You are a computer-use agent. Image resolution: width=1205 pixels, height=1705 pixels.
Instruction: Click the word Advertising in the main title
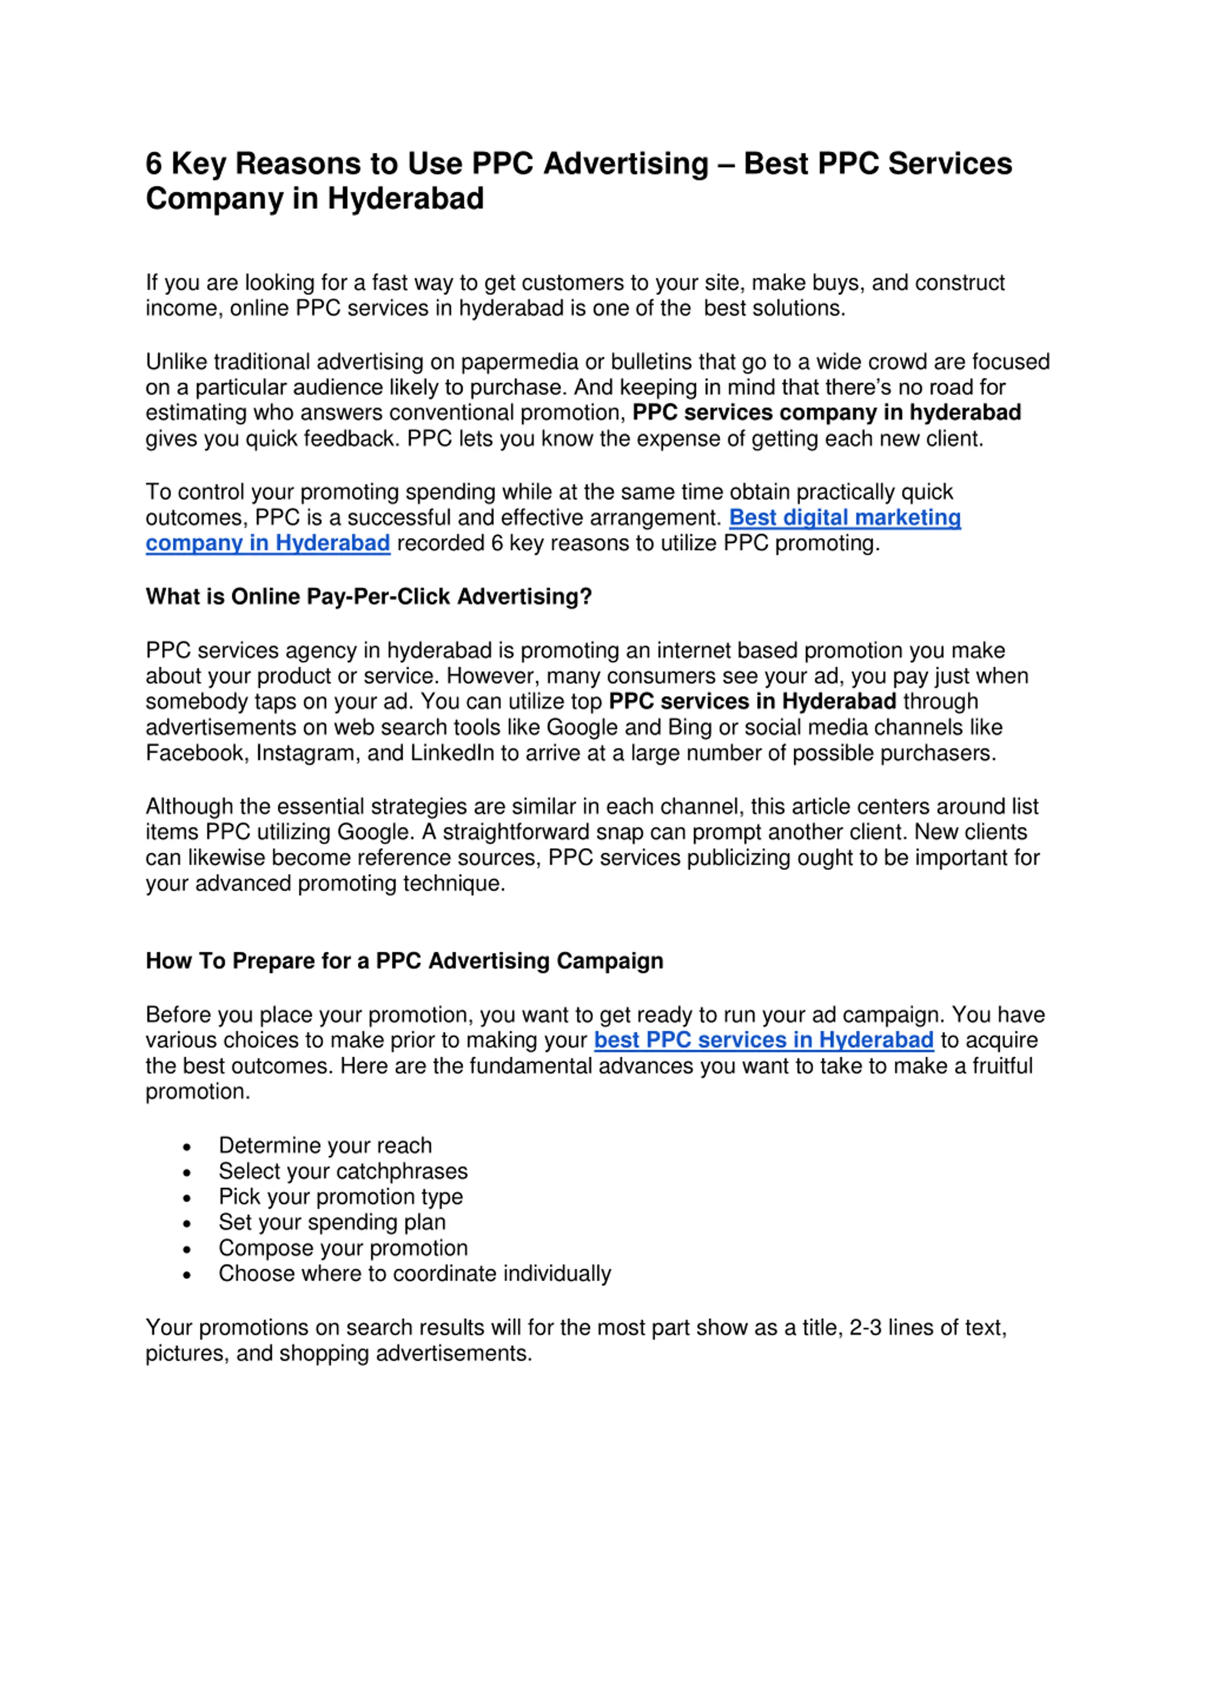(626, 164)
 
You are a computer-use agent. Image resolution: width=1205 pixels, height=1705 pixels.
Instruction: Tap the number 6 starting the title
(154, 164)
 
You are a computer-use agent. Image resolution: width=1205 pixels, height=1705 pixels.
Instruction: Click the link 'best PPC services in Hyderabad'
(763, 1041)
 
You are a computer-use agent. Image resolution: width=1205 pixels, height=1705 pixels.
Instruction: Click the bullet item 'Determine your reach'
(325, 1146)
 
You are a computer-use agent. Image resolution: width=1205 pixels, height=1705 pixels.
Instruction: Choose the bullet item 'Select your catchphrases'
(343, 1172)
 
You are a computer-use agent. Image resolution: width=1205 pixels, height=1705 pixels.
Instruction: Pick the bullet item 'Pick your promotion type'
(341, 1197)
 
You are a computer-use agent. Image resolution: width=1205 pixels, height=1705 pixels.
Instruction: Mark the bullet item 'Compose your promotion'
(343, 1248)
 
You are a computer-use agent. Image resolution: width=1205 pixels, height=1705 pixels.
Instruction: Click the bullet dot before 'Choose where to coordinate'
(187, 1276)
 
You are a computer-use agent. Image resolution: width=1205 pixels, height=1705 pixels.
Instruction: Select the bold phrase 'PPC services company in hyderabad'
(827, 413)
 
